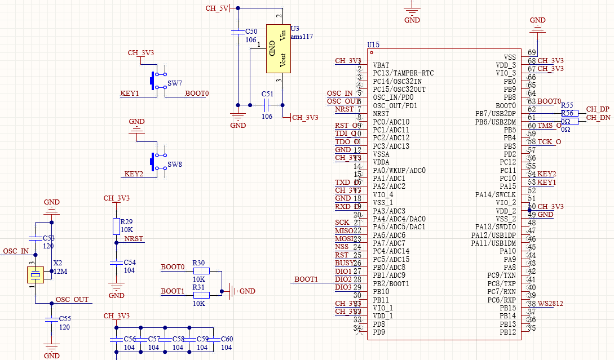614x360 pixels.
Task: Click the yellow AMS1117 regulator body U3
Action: click(278, 48)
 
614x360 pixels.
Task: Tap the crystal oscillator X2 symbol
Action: click(36, 274)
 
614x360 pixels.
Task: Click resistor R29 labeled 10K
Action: click(116, 226)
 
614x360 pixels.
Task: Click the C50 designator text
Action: click(251, 32)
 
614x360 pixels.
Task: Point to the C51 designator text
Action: click(267, 94)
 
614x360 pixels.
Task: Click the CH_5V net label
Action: click(217, 8)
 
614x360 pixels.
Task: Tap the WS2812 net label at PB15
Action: click(550, 304)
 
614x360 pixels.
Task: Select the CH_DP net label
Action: click(598, 109)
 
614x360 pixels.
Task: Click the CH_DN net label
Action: click(598, 118)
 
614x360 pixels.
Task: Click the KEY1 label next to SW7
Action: click(130, 94)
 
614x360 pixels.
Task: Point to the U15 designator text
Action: click(373, 45)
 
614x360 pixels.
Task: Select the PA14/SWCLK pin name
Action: click(495, 195)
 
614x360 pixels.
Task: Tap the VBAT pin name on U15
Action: click(381, 65)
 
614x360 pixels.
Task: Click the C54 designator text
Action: click(130, 263)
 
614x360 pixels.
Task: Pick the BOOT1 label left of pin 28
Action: click(306, 279)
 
